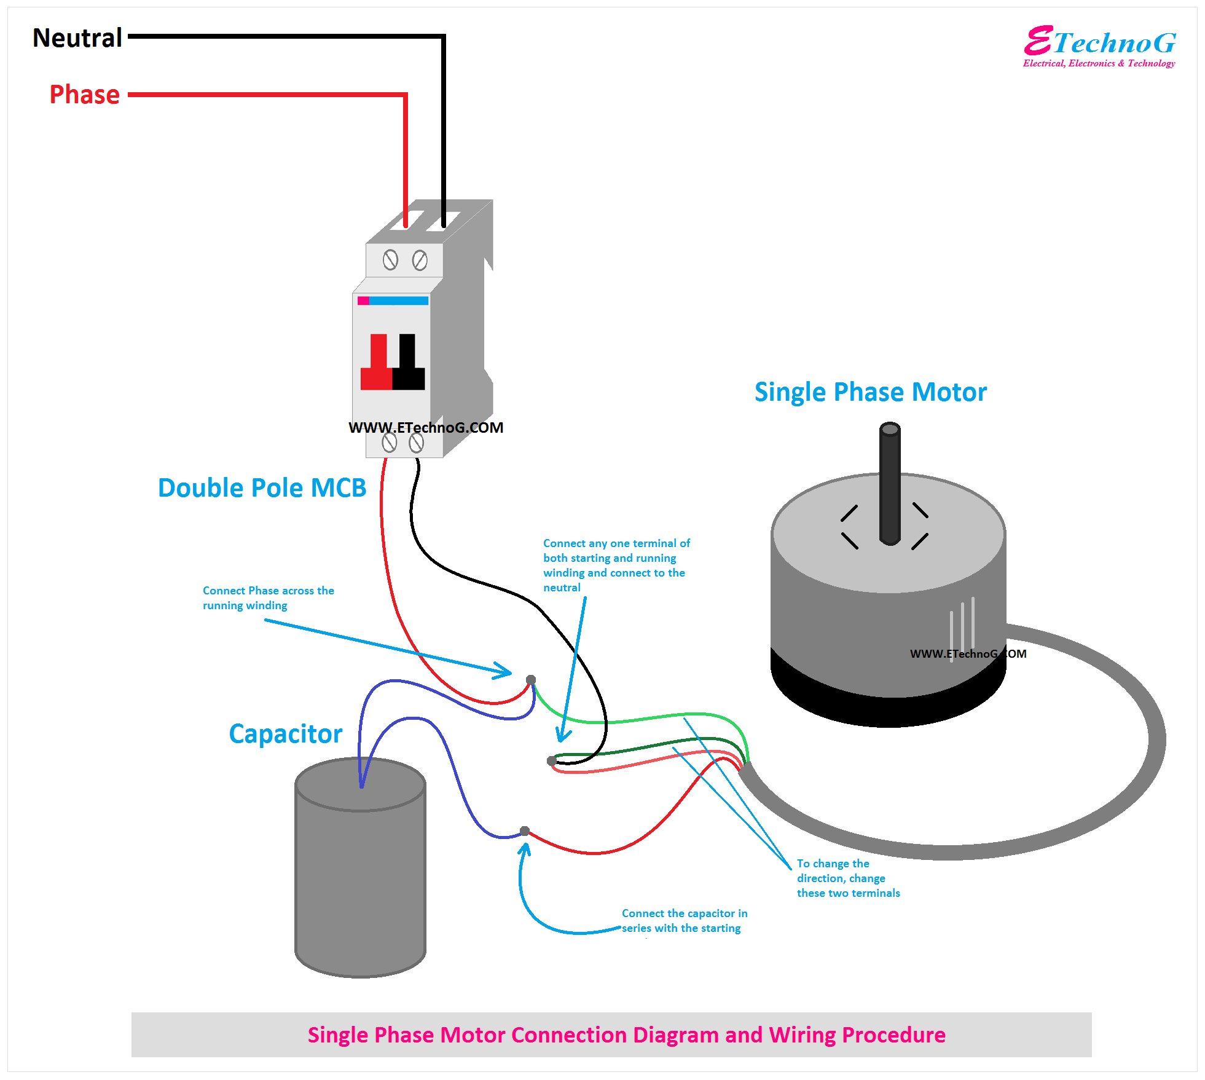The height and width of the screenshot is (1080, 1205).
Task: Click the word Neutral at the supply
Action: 77,38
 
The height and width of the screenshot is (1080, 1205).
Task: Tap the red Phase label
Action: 85,95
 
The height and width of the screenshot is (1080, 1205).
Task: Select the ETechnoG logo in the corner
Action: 1099,46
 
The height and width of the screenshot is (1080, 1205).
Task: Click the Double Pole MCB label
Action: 262,488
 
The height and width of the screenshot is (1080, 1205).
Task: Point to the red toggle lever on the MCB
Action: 377,363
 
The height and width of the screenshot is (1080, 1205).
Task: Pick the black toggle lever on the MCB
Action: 408,363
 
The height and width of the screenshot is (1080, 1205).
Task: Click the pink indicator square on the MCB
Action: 363,301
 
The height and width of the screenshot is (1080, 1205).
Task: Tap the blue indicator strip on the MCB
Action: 399,301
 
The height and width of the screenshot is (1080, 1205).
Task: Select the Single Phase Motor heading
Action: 870,392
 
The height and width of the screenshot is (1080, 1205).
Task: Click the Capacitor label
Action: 285,734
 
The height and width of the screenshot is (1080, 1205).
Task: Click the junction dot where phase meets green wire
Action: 531,680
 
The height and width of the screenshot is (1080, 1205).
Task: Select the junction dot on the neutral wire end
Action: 551,761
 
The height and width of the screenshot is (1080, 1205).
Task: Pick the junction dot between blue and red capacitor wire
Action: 524,831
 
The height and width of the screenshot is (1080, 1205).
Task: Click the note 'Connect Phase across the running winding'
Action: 268,598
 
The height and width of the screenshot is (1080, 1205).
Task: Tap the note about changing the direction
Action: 848,878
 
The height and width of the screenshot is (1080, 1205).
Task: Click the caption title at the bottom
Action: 626,1035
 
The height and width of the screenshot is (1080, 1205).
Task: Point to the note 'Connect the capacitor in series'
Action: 684,921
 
